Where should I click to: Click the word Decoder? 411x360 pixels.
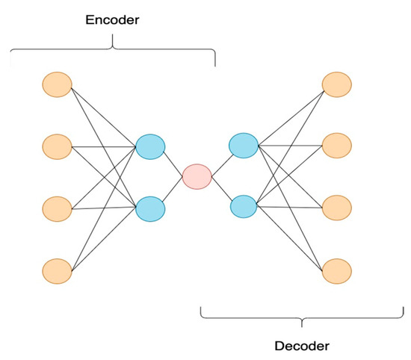point(302,347)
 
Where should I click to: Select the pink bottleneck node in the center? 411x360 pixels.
point(197,176)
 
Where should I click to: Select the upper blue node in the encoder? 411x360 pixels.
point(149,146)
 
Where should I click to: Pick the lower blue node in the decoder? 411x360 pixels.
point(243,205)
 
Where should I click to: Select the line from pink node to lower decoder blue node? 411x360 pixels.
point(220,190)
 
